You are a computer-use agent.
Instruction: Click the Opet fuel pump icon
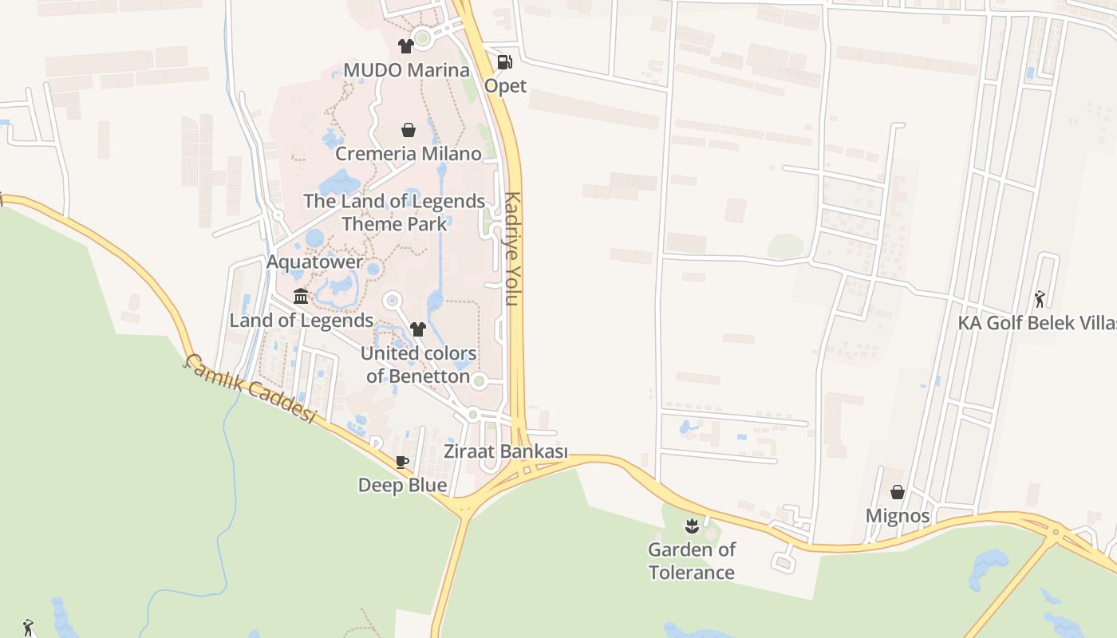click(x=504, y=61)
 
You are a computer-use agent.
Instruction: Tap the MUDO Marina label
click(x=406, y=70)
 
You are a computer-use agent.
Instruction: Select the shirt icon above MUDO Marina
click(x=406, y=46)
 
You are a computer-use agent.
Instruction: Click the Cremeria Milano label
click(x=408, y=154)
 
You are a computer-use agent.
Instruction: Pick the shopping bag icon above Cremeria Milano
click(x=409, y=130)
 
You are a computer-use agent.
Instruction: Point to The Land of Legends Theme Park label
click(x=394, y=212)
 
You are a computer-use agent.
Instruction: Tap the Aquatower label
click(x=314, y=262)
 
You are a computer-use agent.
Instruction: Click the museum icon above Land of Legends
click(x=301, y=297)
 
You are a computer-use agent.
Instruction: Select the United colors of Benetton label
click(x=418, y=364)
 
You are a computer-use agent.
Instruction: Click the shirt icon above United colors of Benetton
click(x=417, y=329)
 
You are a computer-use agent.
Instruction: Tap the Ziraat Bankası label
click(x=505, y=452)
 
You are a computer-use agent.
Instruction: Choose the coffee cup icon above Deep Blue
click(x=402, y=462)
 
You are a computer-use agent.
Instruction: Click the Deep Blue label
click(x=402, y=485)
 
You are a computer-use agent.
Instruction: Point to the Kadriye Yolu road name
click(x=512, y=249)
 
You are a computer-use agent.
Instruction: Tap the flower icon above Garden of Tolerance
click(x=692, y=526)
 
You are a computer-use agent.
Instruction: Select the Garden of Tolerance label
click(x=692, y=561)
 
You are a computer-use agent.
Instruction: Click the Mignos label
click(x=898, y=516)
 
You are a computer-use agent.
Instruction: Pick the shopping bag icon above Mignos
click(x=898, y=492)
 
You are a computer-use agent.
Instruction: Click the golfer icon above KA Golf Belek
click(x=1039, y=299)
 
